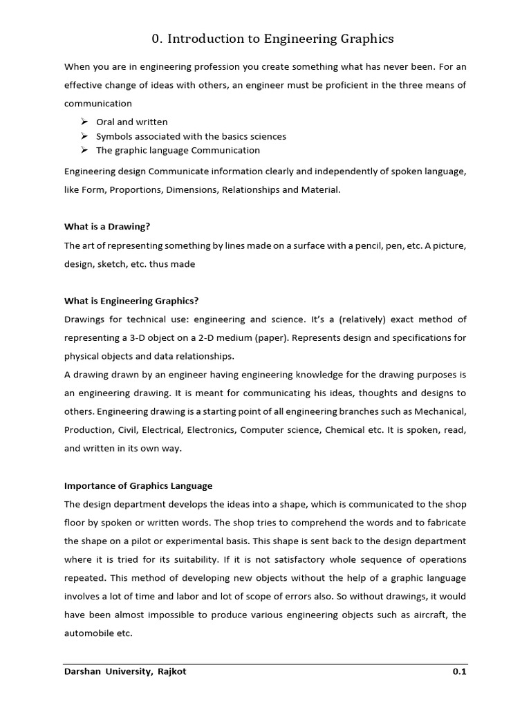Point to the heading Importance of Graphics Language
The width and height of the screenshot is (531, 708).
coord(138,485)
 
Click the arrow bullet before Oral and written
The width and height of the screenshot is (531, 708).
coord(84,122)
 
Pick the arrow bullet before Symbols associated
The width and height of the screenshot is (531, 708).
coord(84,136)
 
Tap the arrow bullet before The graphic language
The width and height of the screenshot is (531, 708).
coord(84,150)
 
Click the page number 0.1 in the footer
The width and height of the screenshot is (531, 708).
coord(459,671)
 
